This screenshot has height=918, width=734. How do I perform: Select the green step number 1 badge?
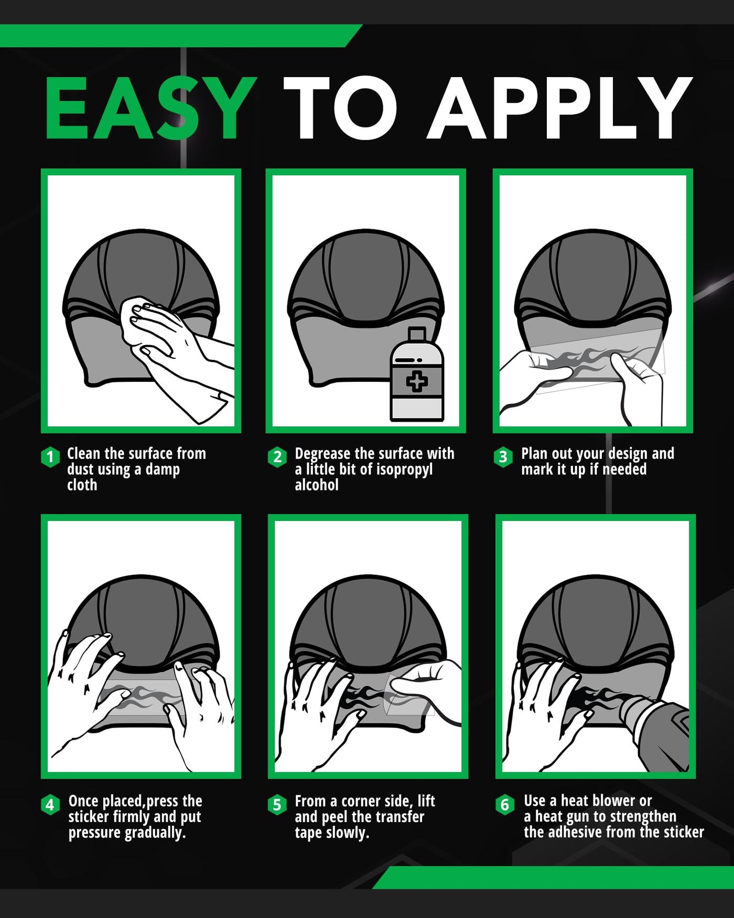50,457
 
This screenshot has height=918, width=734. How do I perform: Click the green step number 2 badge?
277,457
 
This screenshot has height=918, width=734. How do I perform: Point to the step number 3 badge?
503,457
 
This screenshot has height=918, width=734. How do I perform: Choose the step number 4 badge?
50,804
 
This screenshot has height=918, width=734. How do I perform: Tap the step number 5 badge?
277,804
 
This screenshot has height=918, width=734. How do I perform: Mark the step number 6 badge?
505,804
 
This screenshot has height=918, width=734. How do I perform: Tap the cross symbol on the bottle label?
417,381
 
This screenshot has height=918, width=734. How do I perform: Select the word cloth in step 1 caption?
82,485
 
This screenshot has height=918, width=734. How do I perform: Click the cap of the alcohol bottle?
417,334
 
